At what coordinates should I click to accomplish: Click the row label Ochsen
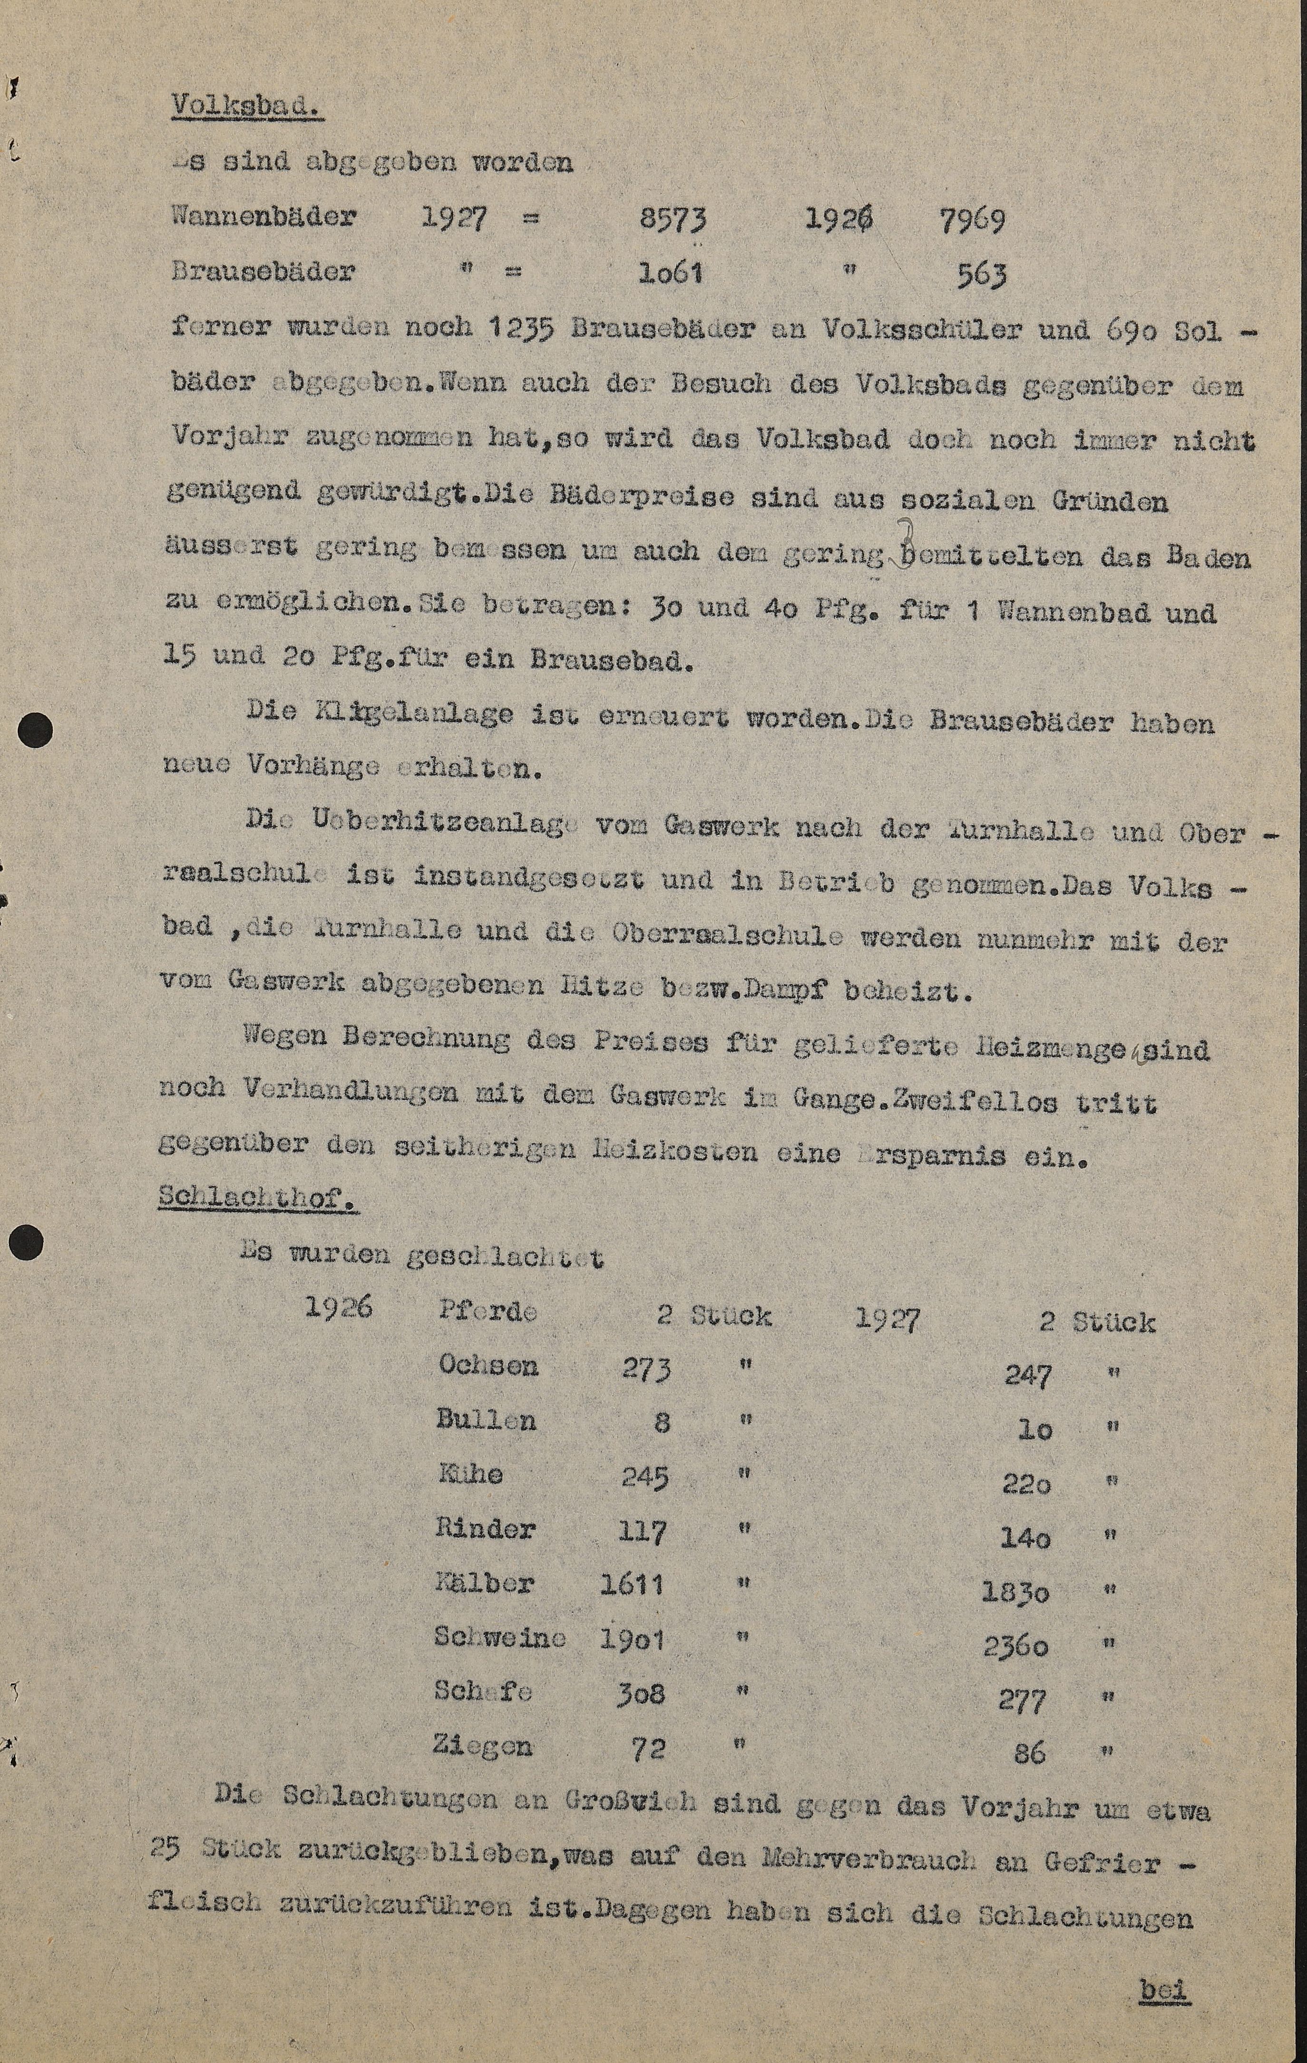[488, 1365]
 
